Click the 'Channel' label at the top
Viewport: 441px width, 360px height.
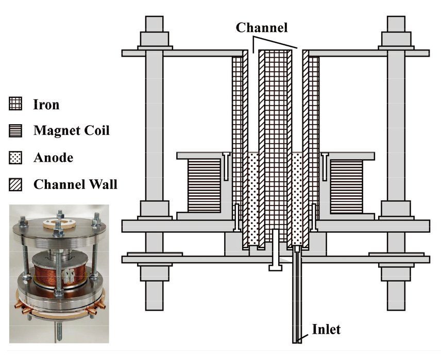[x=261, y=27]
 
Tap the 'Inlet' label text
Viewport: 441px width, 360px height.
[x=326, y=329]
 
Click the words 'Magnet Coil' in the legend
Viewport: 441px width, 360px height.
[x=72, y=131]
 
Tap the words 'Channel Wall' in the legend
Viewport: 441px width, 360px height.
[x=75, y=184]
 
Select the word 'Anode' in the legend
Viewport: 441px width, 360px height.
[x=53, y=157]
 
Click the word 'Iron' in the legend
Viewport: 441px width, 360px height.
[x=46, y=105]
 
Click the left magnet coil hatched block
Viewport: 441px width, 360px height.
[x=203, y=185]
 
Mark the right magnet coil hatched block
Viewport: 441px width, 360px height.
[x=347, y=185]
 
